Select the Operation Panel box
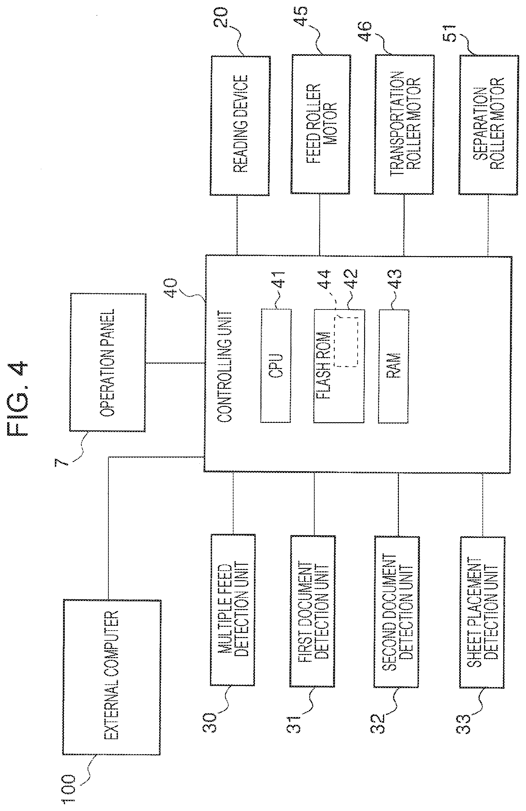click(x=107, y=362)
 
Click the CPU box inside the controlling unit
click(x=276, y=366)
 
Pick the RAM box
click(x=393, y=366)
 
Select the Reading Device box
click(x=240, y=125)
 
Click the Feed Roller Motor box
click(x=320, y=125)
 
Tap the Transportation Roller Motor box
click(x=404, y=124)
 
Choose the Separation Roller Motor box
click(x=489, y=125)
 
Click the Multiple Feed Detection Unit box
click(x=233, y=611)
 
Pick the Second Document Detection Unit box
click(x=397, y=612)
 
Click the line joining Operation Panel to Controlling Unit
click(x=175, y=363)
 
